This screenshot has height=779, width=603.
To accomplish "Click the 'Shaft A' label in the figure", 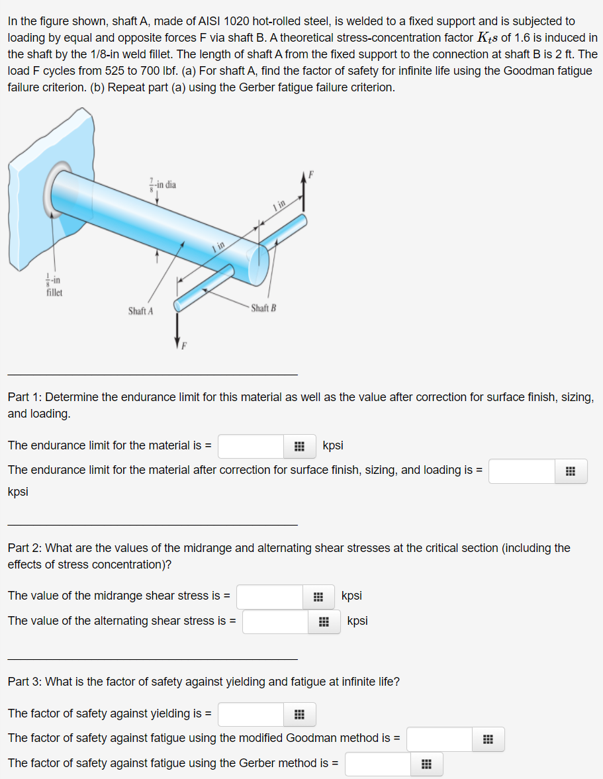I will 140,310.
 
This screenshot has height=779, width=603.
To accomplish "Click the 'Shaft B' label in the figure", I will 264,308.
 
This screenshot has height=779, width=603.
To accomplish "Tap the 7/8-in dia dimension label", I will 162,185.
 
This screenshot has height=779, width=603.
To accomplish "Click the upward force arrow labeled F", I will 304,192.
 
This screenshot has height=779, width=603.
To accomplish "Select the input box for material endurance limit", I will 252,446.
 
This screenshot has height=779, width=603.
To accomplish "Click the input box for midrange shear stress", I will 270,596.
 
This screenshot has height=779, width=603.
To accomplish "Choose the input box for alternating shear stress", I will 275,621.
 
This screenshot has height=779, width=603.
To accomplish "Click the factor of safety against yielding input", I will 252,714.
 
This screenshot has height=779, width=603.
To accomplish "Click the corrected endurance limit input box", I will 522,471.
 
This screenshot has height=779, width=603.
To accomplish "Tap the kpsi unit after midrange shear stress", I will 351,596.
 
